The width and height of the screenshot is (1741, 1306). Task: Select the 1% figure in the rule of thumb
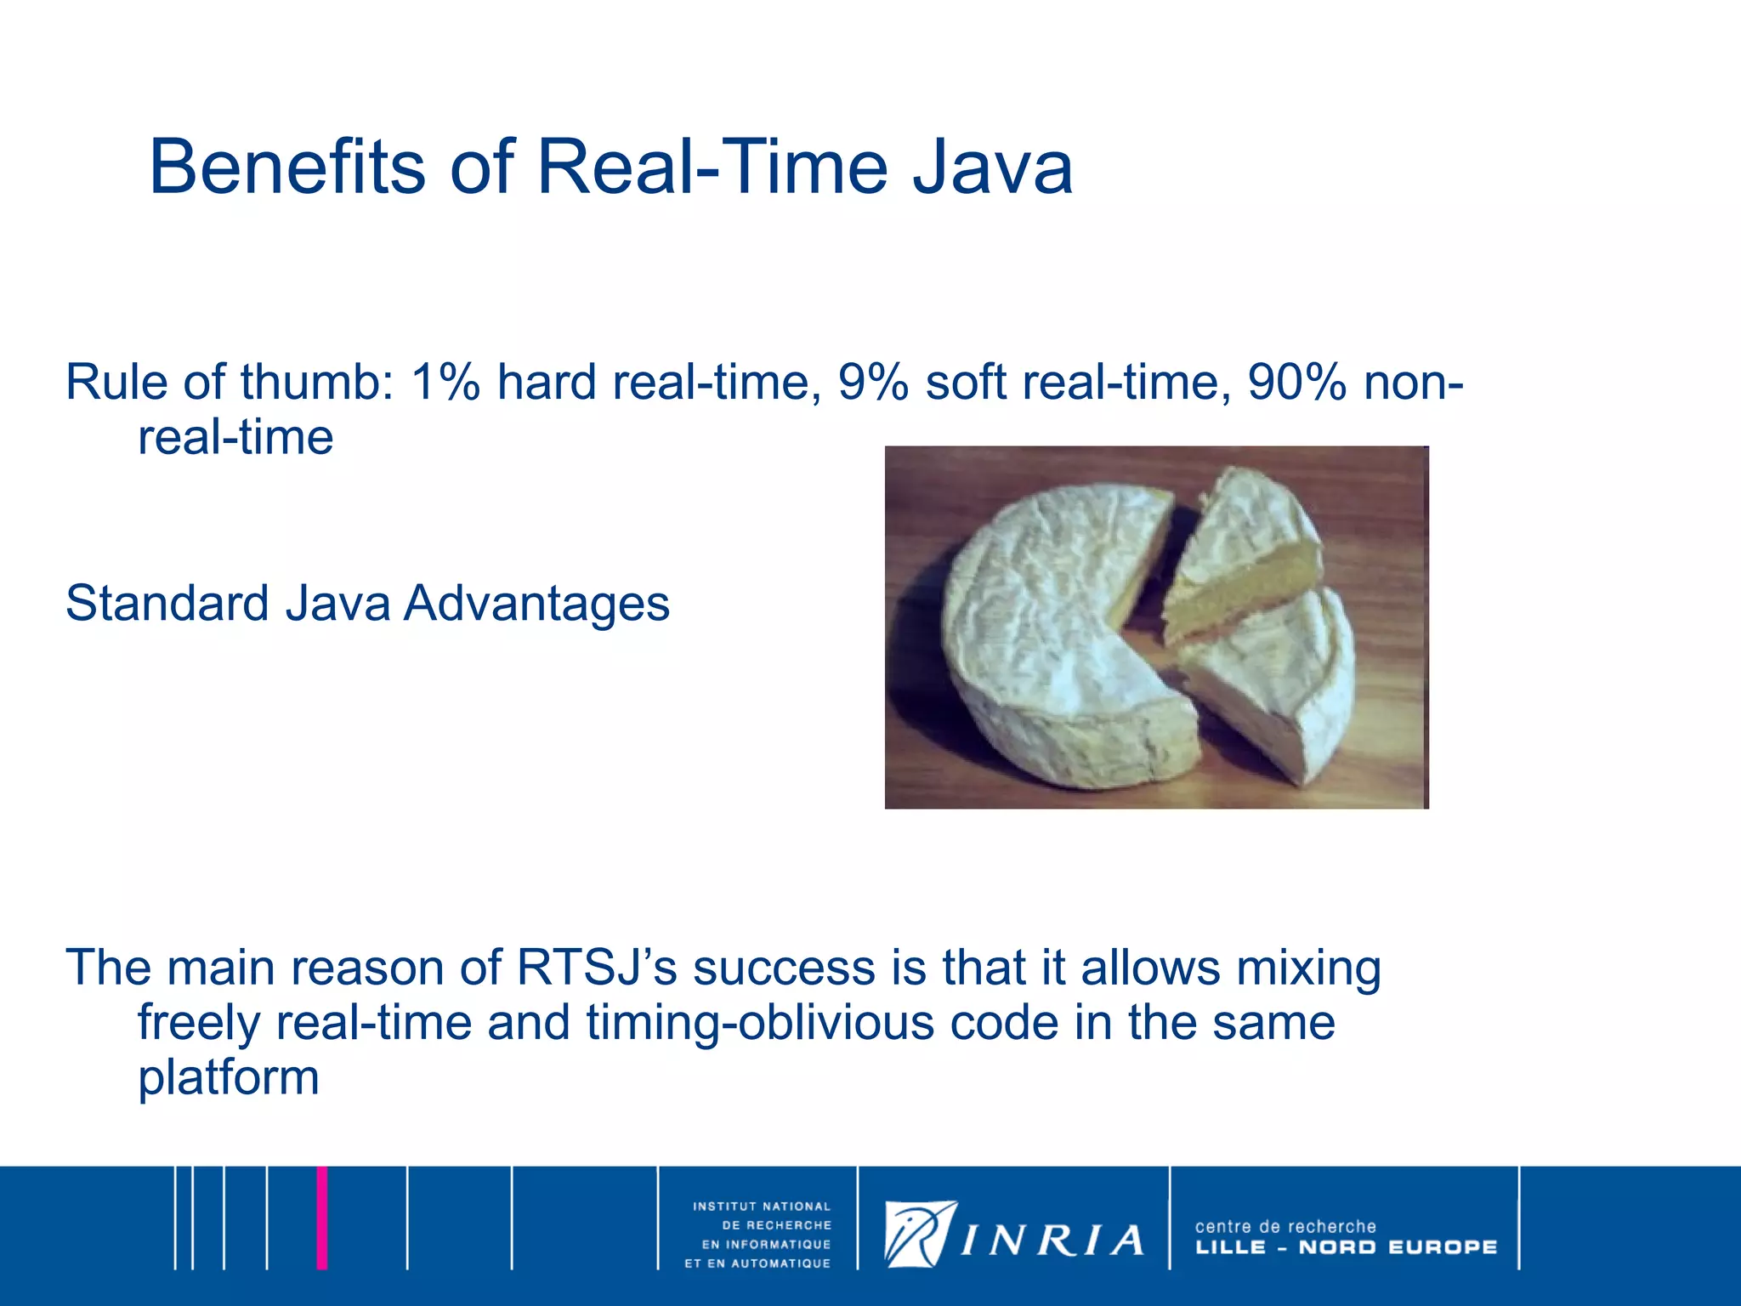445,382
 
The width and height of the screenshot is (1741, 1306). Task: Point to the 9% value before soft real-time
872,382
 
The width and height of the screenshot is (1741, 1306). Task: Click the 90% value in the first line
1296,382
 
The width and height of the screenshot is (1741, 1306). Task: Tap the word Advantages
536,604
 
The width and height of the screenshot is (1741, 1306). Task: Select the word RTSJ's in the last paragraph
596,968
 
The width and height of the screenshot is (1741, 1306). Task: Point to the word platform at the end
228,1077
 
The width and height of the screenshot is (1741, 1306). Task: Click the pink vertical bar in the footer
322,1218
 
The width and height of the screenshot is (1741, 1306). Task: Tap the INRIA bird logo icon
919,1233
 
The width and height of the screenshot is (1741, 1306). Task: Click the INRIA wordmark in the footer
1052,1241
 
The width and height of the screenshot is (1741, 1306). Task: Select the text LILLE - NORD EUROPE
1346,1247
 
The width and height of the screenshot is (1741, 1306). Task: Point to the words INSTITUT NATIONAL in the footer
761,1206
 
